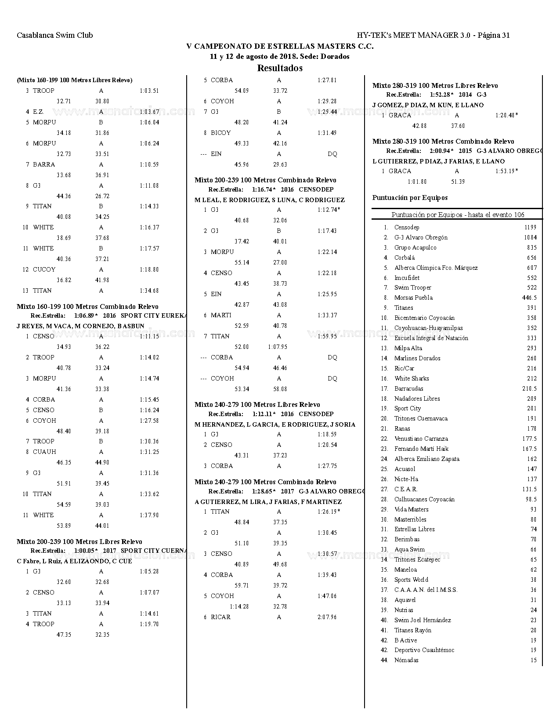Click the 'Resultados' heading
[280, 68]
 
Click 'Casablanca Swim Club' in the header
[55, 35]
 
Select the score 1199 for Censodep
[530, 228]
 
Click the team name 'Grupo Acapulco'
[415, 248]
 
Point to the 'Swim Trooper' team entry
[412, 288]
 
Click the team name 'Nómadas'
[406, 660]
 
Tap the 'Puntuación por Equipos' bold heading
[410, 198]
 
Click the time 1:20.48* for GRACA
[506, 116]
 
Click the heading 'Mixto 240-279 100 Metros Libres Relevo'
[257, 405]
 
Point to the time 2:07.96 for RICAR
[327, 617]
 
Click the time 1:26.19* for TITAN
[329, 512]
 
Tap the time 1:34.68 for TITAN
[149, 291]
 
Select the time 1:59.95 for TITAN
[327, 337]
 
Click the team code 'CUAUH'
[44, 452]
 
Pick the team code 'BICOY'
[220, 133]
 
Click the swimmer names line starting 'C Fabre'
[74, 562]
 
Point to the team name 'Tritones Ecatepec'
[417, 560]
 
